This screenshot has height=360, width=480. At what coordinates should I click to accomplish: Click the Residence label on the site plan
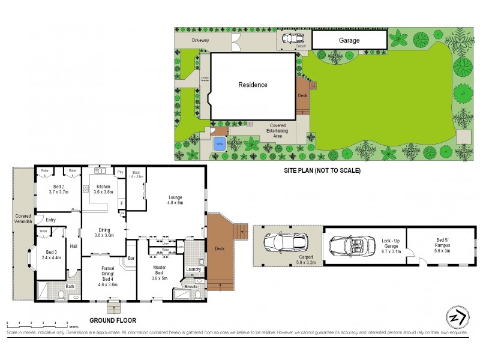point(253,85)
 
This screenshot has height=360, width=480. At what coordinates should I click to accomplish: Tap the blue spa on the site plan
point(220,143)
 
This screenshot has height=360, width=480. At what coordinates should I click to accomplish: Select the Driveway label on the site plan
point(200,40)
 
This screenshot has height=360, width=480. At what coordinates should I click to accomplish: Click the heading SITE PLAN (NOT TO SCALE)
point(322,170)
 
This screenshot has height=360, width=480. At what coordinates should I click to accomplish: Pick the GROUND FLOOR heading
point(113,320)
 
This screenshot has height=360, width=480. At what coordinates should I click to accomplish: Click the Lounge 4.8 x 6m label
point(175,200)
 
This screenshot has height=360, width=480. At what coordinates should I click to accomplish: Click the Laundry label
point(194,269)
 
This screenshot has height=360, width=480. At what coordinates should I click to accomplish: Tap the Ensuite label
point(191,287)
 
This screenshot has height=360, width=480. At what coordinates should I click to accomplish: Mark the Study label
point(136,175)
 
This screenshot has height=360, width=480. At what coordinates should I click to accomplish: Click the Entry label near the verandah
point(50,220)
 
